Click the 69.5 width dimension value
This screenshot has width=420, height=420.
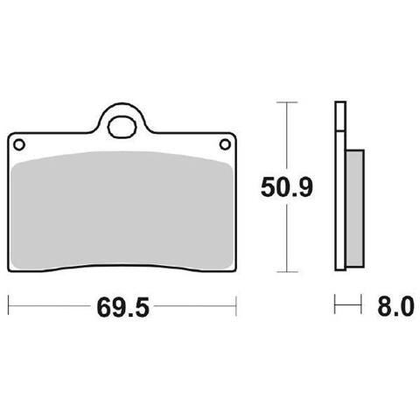click(122, 307)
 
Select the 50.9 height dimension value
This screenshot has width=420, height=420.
click(287, 186)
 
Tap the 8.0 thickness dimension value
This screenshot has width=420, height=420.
click(395, 306)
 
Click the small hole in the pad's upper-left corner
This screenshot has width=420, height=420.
click(19, 144)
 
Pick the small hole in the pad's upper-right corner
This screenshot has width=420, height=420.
click(225, 144)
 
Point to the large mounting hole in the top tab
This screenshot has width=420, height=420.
click(122, 127)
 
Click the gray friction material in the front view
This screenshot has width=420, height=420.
click(122, 209)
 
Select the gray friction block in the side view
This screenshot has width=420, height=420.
click(355, 208)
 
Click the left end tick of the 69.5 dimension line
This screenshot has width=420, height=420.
click(9, 305)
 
